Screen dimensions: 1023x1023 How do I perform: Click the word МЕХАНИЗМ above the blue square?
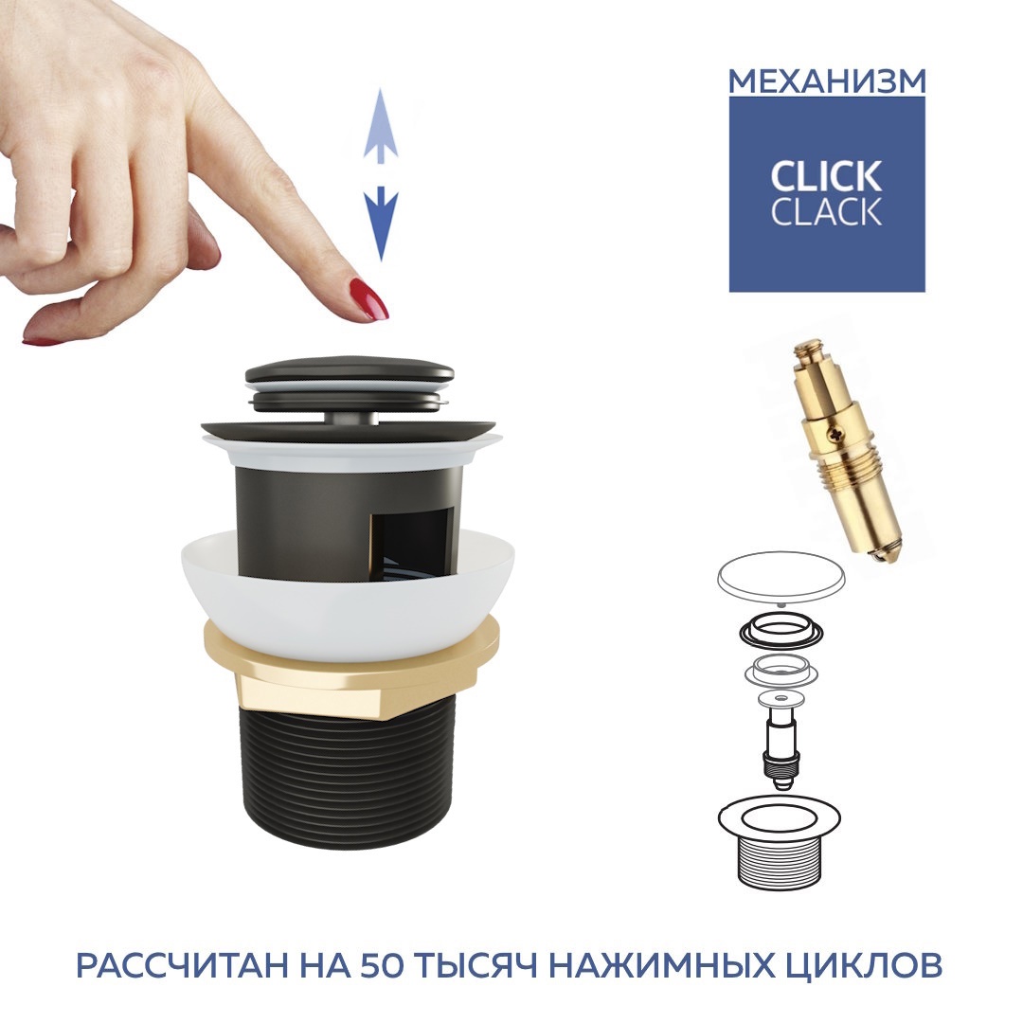coord(827,81)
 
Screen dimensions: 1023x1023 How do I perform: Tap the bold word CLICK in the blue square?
coord(826,176)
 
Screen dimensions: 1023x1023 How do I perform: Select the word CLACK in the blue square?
coord(826,211)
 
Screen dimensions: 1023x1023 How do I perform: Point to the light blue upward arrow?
coord(381,125)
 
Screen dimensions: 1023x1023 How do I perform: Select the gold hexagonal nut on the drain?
coord(351,666)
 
